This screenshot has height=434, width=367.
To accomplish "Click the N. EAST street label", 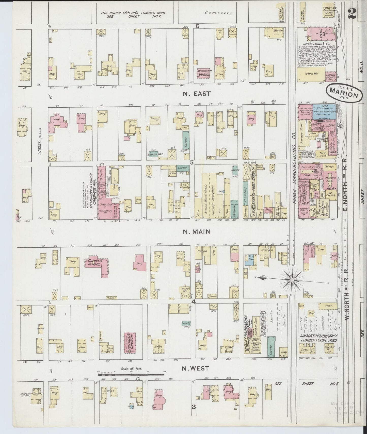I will coord(197,94).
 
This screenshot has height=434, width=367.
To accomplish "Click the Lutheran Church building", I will coord(205,74).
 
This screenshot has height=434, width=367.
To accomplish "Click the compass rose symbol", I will coord(292,280).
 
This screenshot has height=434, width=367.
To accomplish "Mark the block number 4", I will coord(193,302).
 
